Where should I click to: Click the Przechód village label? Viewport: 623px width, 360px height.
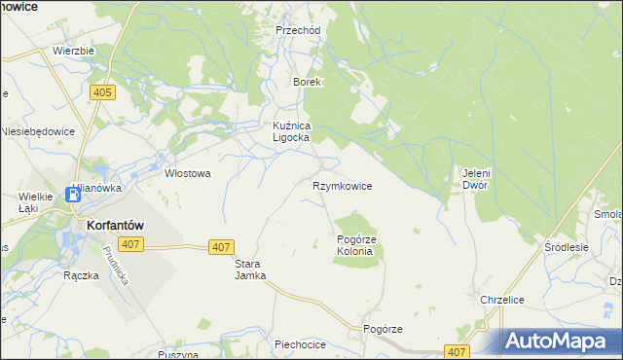tap(298, 30)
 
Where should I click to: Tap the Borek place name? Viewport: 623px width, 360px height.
tap(308, 83)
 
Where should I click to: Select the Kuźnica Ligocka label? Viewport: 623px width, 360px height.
tap(290, 131)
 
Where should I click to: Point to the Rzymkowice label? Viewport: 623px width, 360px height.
tap(342, 185)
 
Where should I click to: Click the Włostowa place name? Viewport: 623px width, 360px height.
tap(188, 173)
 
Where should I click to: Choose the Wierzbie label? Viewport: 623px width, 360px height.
tap(73, 51)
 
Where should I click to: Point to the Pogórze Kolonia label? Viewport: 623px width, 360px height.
tap(355, 245)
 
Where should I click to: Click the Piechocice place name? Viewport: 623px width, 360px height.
tap(299, 343)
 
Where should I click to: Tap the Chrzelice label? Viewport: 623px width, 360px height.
tap(502, 300)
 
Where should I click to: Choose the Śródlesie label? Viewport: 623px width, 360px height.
tap(567, 247)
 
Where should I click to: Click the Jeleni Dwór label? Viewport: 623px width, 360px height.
tap(474, 179)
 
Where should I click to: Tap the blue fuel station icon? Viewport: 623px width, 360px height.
tap(73, 194)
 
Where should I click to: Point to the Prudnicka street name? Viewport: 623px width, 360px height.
tap(115, 263)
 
